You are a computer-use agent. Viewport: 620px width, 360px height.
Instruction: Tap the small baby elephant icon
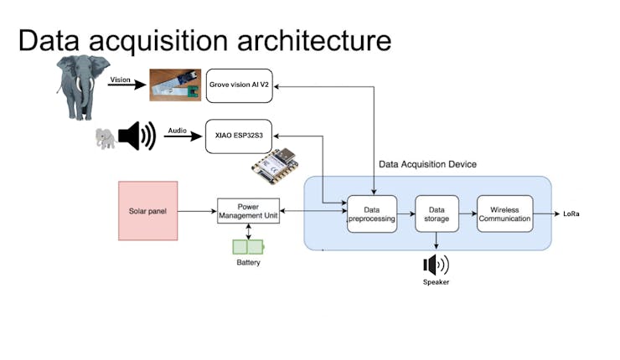click(106, 138)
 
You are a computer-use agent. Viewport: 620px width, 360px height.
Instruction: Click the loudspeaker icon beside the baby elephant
click(137, 136)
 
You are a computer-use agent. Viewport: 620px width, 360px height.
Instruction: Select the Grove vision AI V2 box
click(239, 86)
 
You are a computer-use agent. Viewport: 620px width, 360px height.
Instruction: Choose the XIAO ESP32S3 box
click(239, 136)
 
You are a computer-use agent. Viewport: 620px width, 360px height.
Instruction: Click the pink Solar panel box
click(147, 210)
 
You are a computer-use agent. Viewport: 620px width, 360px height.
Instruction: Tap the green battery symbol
click(247, 246)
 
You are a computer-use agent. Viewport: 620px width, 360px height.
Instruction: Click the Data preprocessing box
click(371, 213)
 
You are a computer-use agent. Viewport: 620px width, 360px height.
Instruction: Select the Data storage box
click(437, 213)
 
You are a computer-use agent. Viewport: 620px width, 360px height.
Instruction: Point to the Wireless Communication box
click(504, 213)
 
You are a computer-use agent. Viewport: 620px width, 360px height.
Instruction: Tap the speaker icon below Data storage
click(436, 265)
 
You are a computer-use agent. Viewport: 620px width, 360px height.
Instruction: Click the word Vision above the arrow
click(121, 80)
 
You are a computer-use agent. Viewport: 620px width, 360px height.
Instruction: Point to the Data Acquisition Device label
click(427, 165)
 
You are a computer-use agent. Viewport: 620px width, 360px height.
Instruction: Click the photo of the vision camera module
click(175, 85)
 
